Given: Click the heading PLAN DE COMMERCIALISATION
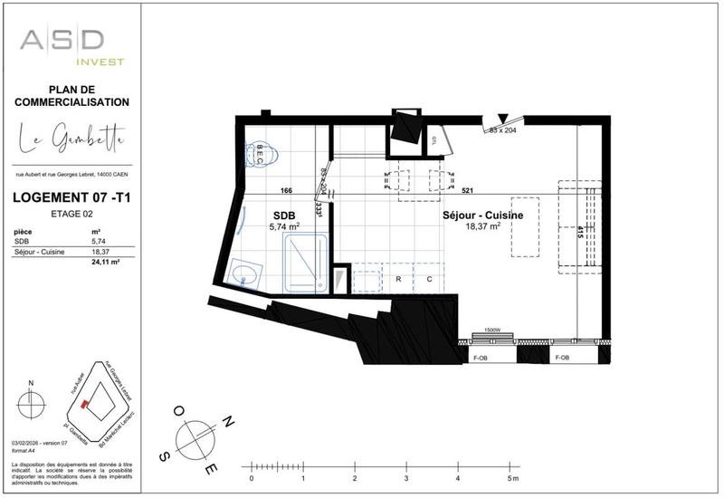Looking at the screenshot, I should [72, 96].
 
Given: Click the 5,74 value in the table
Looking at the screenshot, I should [99, 242].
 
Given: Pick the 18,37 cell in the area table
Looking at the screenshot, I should [100, 252].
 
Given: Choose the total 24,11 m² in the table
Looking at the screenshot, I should [106, 263].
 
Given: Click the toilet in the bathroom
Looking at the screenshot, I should [262, 151].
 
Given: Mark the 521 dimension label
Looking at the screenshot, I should [468, 191].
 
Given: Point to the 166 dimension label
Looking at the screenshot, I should [286, 191].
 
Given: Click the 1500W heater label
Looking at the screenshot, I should [493, 330].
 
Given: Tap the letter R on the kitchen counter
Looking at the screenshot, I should [398, 280].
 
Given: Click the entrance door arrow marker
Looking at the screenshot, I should [504, 118].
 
